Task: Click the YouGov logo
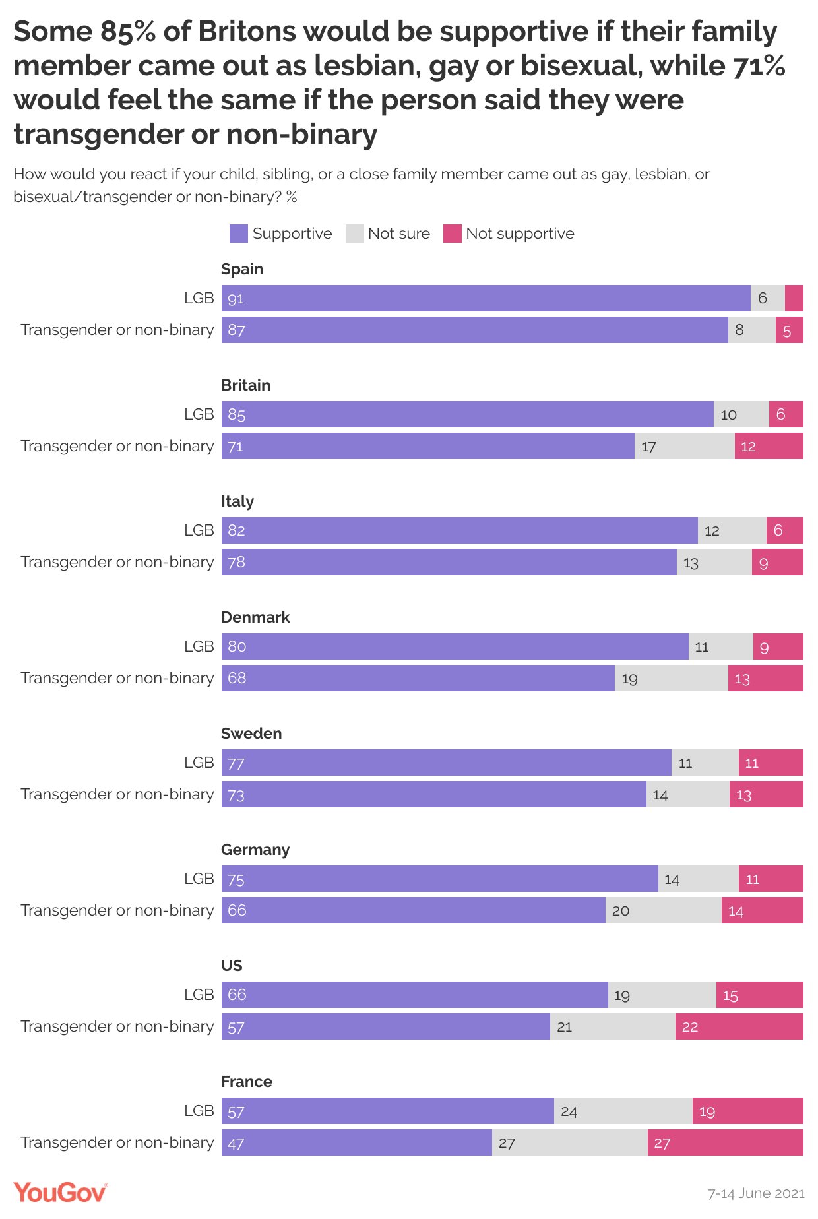60,1193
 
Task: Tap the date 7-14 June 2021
756,1193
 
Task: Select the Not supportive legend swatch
452,234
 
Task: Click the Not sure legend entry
388,234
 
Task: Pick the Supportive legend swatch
238,234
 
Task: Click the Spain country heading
242,269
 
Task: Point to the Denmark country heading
255,617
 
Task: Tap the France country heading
247,1082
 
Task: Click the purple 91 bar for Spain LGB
486,298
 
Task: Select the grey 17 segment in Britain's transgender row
684,446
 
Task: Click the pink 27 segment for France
725,1142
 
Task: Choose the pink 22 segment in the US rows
739,1026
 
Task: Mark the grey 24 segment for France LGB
623,1111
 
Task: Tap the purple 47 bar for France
356,1142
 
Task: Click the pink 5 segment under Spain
789,330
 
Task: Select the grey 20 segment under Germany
663,910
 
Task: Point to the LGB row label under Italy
199,530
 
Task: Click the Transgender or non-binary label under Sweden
117,794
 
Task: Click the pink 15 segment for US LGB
759,995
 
